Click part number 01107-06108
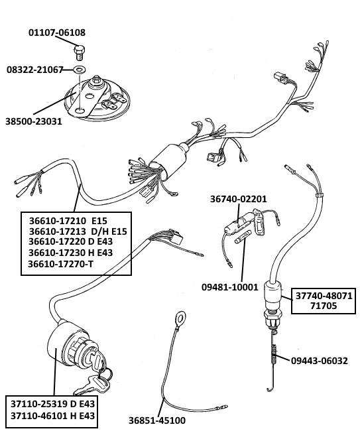point(57,32)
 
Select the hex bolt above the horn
point(79,52)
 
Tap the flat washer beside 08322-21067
point(80,69)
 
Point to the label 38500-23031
point(33,121)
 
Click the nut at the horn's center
point(95,82)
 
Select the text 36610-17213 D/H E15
point(78,231)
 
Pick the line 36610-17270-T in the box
point(60,264)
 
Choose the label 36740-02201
point(238,199)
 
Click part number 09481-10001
point(230,287)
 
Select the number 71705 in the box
point(324,306)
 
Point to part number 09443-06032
point(320,361)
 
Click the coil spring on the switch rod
point(274,353)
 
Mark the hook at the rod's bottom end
point(270,388)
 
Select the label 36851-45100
point(157,420)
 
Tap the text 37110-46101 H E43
point(53,416)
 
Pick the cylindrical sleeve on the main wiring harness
point(168,162)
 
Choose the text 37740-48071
point(324,296)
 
